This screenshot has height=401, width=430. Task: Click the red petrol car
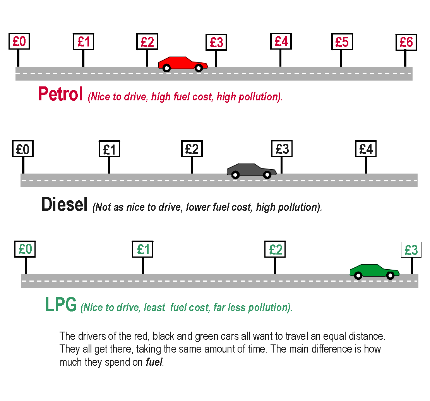pyautogui.click(x=183, y=63)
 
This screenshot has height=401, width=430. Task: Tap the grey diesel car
pyautogui.click(x=251, y=170)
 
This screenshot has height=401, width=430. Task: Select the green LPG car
pyautogui.click(x=374, y=270)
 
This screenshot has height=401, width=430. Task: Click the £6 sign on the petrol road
pyautogui.click(x=406, y=42)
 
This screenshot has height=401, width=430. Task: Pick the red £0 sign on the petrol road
pyautogui.click(x=19, y=41)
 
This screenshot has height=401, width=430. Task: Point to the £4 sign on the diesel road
pyautogui.click(x=366, y=149)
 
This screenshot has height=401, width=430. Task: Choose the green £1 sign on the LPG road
pyautogui.click(x=143, y=250)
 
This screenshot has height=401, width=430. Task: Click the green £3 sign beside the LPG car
pyautogui.click(x=411, y=250)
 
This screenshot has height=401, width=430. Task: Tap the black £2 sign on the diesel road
pyautogui.click(x=192, y=149)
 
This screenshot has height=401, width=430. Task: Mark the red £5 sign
pyautogui.click(x=342, y=42)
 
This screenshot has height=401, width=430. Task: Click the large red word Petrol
pyautogui.click(x=61, y=94)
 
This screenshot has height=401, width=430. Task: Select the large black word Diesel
pyautogui.click(x=64, y=205)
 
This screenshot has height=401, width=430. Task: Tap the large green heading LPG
pyautogui.click(x=61, y=305)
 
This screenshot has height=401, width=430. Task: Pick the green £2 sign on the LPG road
pyautogui.click(x=275, y=250)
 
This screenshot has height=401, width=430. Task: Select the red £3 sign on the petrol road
pyautogui.click(x=216, y=43)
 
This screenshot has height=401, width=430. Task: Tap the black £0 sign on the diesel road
pyautogui.click(x=23, y=149)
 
